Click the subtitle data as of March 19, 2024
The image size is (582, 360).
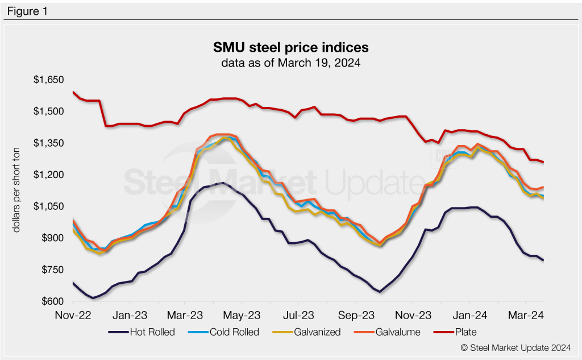click(290, 62)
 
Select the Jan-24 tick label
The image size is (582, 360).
click(470, 314)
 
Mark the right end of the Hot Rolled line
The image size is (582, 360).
click(543, 260)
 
